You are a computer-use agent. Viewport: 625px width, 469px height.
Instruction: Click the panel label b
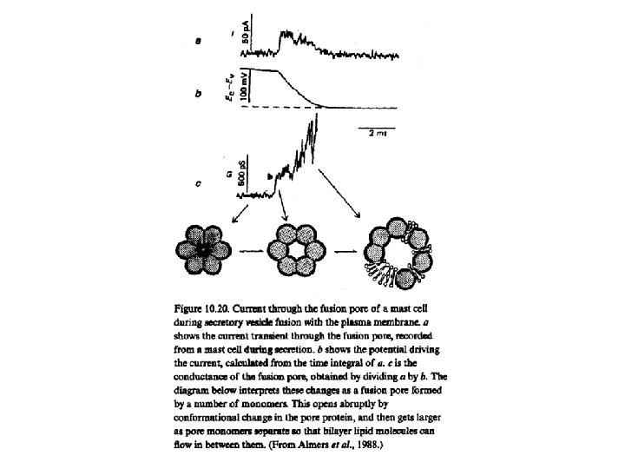[x=201, y=94]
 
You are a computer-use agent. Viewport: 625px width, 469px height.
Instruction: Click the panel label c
[x=201, y=184]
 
